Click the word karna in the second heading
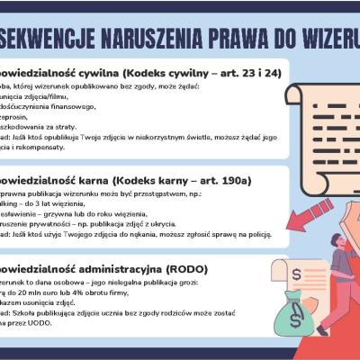coord(85,180)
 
